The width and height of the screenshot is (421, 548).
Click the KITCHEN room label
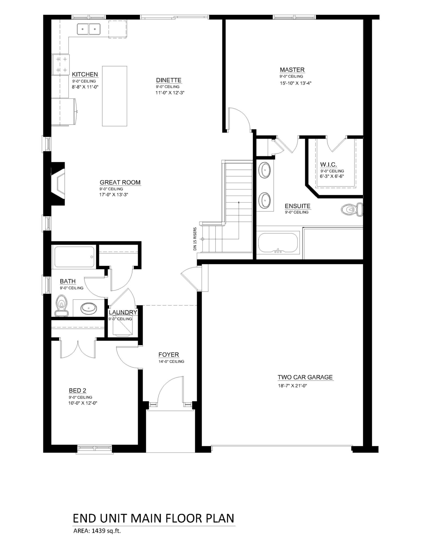click(x=85, y=74)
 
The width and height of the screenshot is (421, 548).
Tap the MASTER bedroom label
click(x=292, y=70)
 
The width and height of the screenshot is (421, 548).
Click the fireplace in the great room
click(x=58, y=183)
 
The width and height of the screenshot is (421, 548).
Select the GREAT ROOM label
click(x=120, y=182)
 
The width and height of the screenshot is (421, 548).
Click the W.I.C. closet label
click(x=328, y=165)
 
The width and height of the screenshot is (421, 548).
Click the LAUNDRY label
click(x=123, y=312)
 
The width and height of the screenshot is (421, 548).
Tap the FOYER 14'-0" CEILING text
click(x=171, y=361)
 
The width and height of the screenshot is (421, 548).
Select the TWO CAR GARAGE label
click(x=305, y=377)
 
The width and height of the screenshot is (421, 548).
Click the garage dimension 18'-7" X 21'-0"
click(x=292, y=386)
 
